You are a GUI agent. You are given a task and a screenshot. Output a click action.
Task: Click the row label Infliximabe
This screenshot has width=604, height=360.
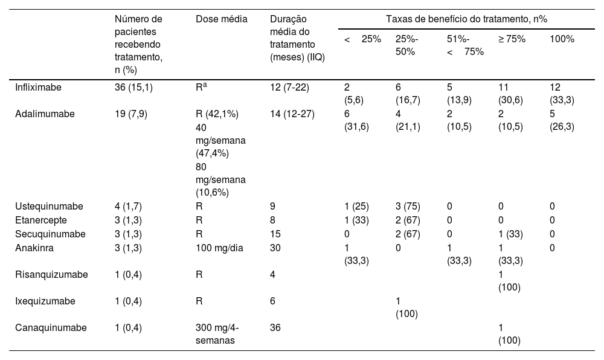[x=38, y=88]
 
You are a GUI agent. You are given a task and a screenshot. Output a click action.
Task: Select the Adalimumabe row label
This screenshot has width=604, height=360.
[x=42, y=114]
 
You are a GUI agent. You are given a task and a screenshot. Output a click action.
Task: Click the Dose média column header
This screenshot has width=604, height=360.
[x=222, y=19]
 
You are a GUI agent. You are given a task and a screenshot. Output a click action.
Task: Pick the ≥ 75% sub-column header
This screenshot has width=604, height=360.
[x=512, y=39]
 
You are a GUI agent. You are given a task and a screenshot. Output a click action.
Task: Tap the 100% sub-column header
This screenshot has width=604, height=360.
[x=562, y=39]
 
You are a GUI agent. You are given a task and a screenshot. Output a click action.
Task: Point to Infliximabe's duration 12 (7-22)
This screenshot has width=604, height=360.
[x=289, y=88]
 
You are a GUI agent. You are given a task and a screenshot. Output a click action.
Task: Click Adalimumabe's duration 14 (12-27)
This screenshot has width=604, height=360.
[x=292, y=114]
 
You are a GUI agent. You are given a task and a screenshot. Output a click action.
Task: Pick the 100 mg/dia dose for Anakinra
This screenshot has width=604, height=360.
[x=220, y=247]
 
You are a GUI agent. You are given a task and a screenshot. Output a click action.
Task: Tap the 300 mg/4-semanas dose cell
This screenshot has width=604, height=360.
[x=217, y=334]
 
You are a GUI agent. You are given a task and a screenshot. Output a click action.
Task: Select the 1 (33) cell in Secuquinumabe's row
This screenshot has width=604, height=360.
[x=512, y=234]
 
